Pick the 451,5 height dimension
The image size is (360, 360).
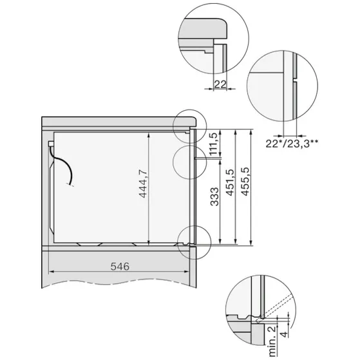point(229,187)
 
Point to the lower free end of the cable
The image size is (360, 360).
point(71,184)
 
